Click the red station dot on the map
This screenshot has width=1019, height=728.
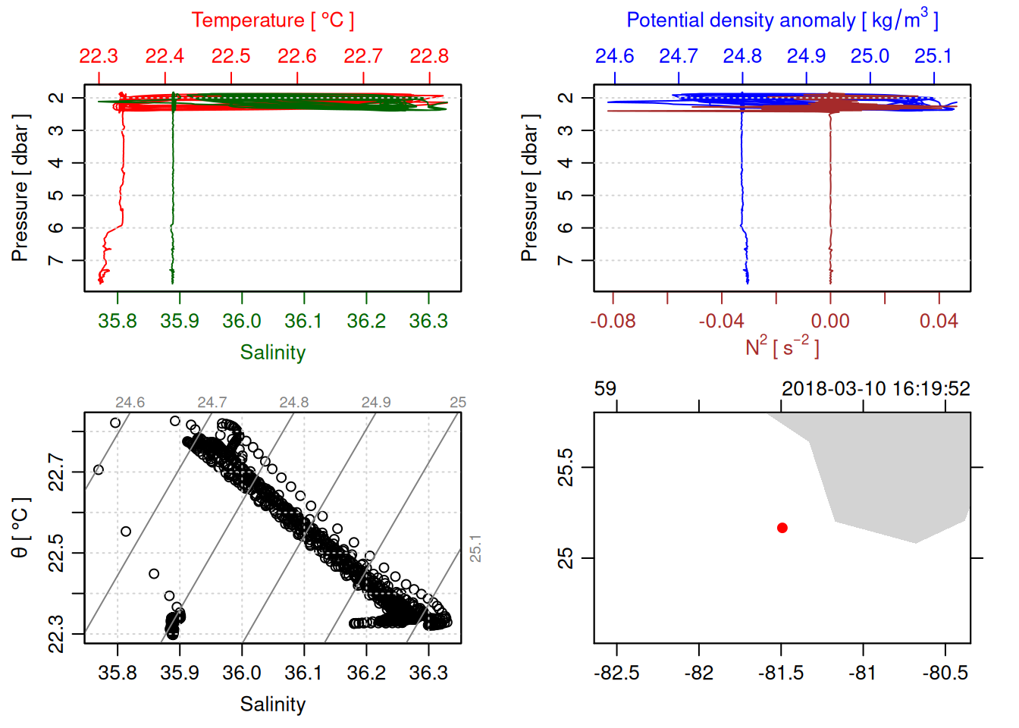coord(782,528)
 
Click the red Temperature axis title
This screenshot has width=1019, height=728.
coord(272,20)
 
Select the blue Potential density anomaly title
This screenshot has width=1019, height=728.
coord(782,20)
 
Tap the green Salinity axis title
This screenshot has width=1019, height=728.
coord(272,353)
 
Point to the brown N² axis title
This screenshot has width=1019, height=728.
coord(782,347)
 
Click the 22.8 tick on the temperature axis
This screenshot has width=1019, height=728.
coord(429,57)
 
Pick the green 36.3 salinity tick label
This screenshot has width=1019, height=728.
coord(428,322)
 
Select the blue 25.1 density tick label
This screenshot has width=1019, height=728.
coord(933,57)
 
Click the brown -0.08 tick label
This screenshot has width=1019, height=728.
coord(613,322)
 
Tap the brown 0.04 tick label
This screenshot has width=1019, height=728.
coord(939,322)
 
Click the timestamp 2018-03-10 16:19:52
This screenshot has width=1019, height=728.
coord(876,389)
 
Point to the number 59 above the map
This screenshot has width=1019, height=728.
coord(605,389)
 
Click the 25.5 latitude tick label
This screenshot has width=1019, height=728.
coord(566,467)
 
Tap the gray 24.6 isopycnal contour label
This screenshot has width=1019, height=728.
coord(130,403)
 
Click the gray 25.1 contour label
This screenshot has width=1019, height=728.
coord(475,548)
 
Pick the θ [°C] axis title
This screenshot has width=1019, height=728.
coord(20,528)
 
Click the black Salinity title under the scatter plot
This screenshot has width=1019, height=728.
coord(272,704)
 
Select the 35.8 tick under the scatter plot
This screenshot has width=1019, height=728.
coord(118,673)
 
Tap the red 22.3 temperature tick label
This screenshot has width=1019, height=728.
coord(99,57)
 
